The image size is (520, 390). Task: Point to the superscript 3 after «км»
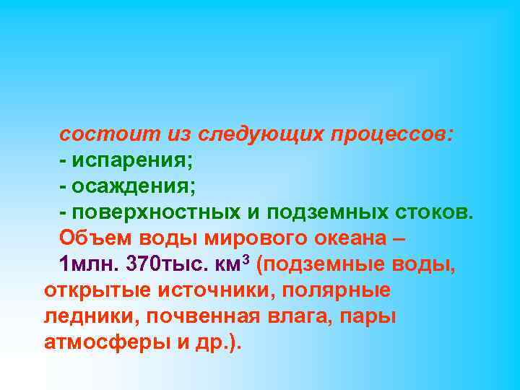246,259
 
